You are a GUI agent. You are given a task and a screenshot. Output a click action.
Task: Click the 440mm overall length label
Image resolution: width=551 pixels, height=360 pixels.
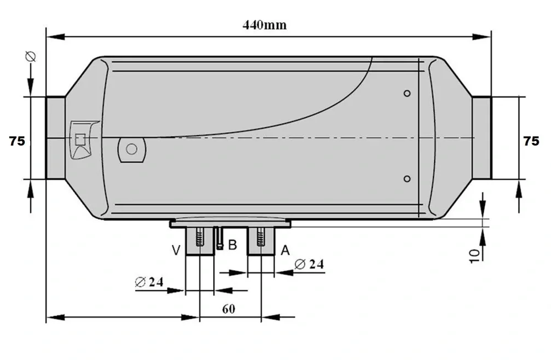pos(264,25)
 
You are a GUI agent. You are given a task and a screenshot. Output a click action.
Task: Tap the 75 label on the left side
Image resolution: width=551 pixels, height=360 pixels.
pos(17,141)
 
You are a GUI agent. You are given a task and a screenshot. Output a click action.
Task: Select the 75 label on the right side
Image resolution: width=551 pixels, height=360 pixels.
pos(531,141)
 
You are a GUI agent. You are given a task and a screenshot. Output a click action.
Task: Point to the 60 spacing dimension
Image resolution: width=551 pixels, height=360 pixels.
pos(229,309)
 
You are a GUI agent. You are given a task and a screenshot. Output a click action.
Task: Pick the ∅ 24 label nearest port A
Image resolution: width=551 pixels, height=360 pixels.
pos(309,264)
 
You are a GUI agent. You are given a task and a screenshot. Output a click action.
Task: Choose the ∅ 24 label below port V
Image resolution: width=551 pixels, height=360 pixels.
pos(149,282)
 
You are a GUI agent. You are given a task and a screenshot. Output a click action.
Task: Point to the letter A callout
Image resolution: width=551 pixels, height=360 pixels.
pos(285,251)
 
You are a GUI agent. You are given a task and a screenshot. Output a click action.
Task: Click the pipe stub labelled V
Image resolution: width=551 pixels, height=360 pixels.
pos(199,242)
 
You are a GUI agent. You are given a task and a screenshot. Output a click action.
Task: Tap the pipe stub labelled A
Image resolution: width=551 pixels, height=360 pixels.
pos(261,242)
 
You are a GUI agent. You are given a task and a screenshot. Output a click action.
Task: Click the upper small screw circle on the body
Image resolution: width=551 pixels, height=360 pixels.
pos(407,94)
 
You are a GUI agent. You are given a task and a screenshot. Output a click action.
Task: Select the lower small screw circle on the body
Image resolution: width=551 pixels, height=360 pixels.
pos(407,179)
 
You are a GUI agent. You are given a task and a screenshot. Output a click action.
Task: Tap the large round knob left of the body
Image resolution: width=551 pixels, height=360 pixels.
pos(131,149)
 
